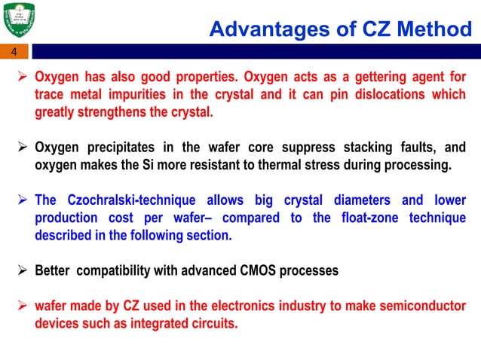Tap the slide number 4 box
[x=13, y=52]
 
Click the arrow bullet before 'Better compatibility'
[x=23, y=270]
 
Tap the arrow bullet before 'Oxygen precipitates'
[x=23, y=147]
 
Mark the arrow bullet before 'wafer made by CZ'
[x=23, y=306]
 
